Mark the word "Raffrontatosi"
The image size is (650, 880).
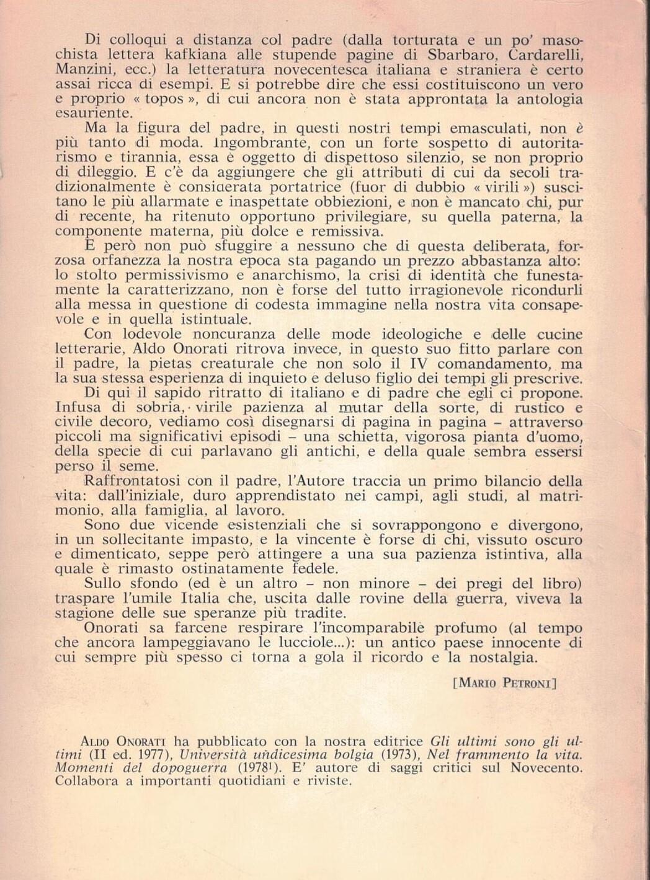coord(132,482)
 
